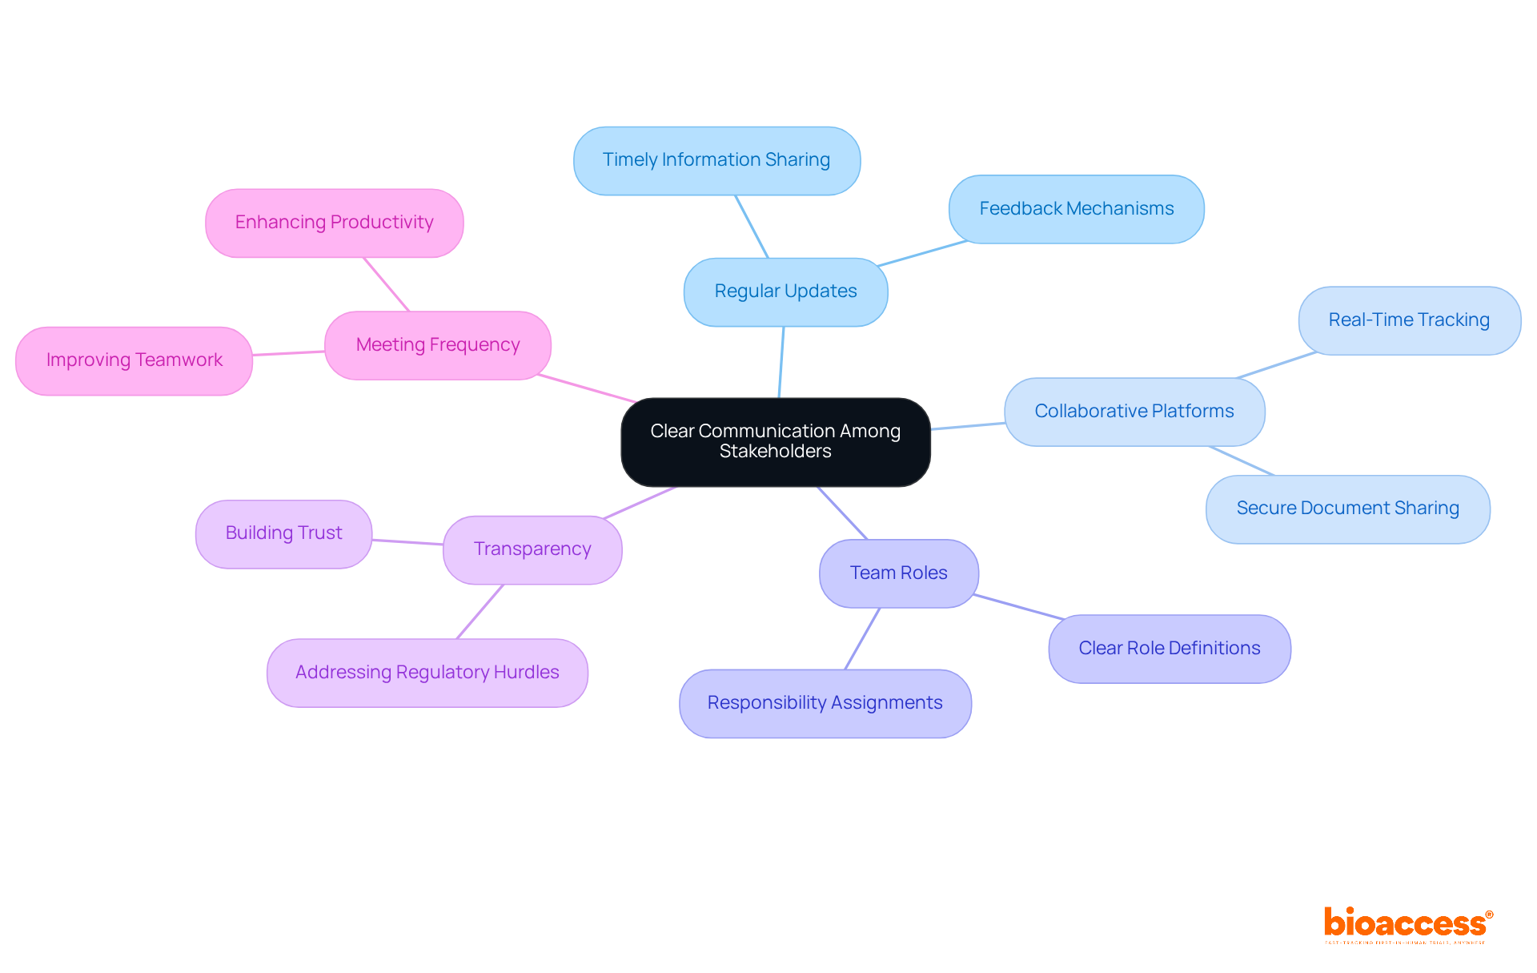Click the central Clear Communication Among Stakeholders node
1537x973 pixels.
[775, 441]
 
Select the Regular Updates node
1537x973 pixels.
[785, 291]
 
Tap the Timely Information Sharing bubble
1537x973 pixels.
[716, 160]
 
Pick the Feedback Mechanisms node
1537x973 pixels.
[1076, 209]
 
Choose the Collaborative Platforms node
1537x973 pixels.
[1134, 412]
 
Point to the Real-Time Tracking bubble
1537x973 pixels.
[1409, 320]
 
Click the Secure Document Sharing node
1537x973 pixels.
[1347, 509]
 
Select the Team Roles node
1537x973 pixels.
[898, 573]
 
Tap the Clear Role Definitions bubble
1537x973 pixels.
[1169, 649]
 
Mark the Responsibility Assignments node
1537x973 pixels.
[825, 703]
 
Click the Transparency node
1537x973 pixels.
[532, 549]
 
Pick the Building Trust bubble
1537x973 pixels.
[283, 533]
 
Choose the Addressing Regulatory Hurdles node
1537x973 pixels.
[427, 673]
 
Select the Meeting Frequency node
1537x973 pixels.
[438, 345]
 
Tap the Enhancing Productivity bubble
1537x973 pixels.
[334, 223]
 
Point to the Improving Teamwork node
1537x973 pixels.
[134, 360]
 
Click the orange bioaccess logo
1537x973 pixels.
[1407, 924]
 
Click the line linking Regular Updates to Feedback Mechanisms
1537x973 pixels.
[922, 253]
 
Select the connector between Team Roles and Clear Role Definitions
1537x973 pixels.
[1018, 607]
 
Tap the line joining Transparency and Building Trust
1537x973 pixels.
[407, 542]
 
